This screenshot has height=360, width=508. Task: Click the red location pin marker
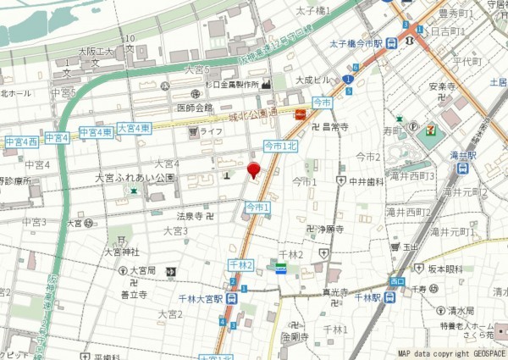coord(252,170)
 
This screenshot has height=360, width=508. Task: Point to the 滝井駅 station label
coord(462,155)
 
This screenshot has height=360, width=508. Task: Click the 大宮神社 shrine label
coord(121,252)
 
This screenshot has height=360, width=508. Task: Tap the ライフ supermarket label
coord(211,131)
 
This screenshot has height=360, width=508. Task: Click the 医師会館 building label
coord(195,108)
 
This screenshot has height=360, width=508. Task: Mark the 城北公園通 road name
coord(253,113)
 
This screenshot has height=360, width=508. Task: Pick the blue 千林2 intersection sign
coord(240,265)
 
